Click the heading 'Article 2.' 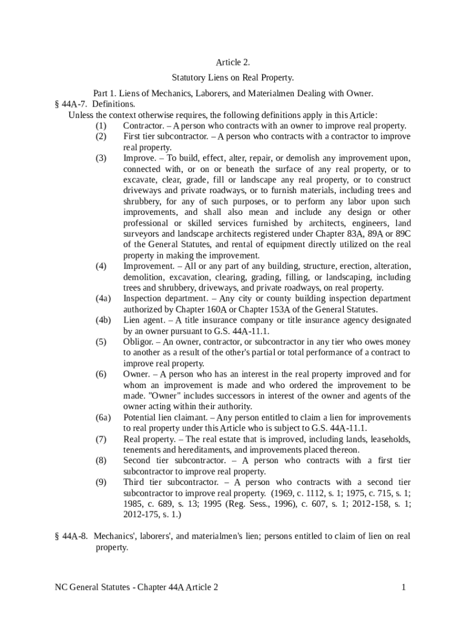pyautogui.click(x=233, y=62)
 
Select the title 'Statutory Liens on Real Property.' pyautogui.click(x=233, y=78)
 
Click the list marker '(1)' pyautogui.click(x=101, y=126)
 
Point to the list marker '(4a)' pyautogui.click(x=103, y=298)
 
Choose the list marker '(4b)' pyautogui.click(x=103, y=320)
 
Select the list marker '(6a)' pyautogui.click(x=103, y=418)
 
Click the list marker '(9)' pyautogui.click(x=101, y=482)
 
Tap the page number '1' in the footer pyautogui.click(x=402, y=587)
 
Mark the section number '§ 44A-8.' pyautogui.click(x=72, y=536)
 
